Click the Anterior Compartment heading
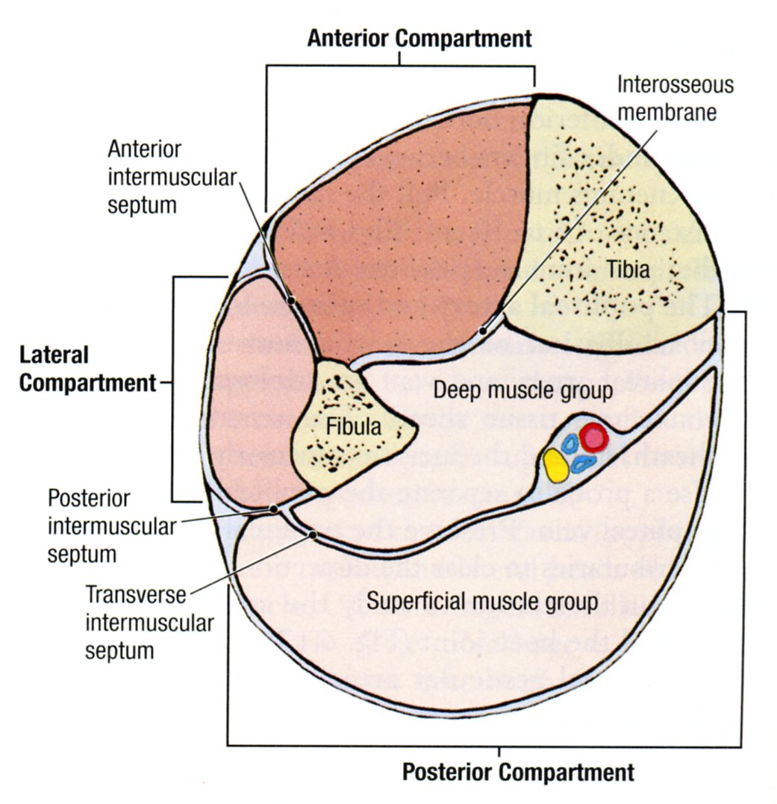point(419,38)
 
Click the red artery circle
point(593,438)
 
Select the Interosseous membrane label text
point(674,98)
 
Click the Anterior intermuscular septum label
point(145,177)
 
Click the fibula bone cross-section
point(351,448)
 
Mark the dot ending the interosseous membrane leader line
point(485,329)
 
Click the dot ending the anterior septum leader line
point(292,301)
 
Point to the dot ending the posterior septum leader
point(274,508)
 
